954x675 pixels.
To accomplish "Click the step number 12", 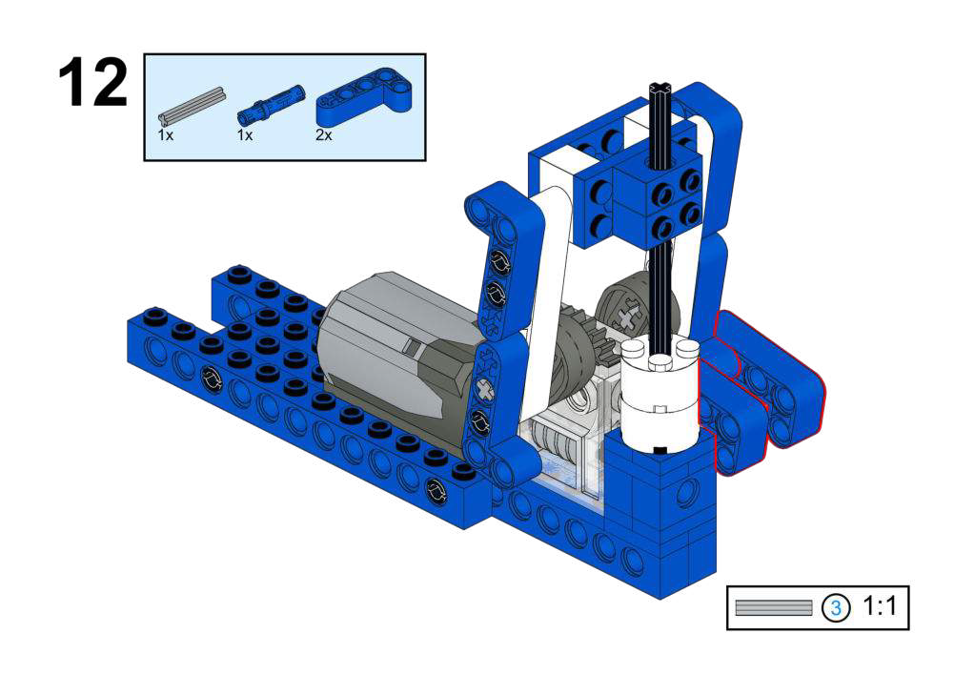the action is pyautogui.click(x=93, y=83).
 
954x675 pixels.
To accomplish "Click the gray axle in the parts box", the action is pyautogui.click(x=191, y=105).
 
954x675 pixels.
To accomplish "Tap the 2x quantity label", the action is pyautogui.click(x=324, y=135).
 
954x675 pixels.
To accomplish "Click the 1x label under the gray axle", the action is pyautogui.click(x=166, y=135).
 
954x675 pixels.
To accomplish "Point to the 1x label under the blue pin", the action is pyautogui.click(x=245, y=135).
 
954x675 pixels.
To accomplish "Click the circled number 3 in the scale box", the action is pyautogui.click(x=836, y=607).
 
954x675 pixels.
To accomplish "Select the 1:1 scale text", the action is pyautogui.click(x=880, y=606).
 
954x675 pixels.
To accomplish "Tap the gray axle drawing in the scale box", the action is pyautogui.click(x=773, y=607).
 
